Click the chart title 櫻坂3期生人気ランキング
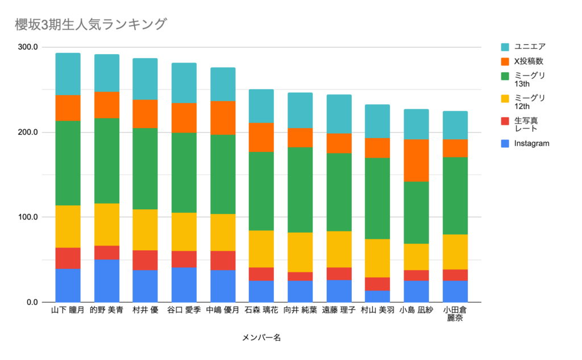pos(91,24)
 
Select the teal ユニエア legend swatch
pos(505,47)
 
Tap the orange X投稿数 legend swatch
pos(505,61)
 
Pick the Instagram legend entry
pos(531,143)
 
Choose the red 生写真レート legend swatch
pos(505,121)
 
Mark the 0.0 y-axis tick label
pos(31,302)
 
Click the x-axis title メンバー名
pos(261,338)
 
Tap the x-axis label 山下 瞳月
pos(68,311)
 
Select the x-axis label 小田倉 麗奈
pos(455,315)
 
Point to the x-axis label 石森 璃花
pos(261,311)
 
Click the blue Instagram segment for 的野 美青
pos(106,280)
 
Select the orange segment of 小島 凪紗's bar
pos(416,160)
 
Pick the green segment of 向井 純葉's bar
pos(300,190)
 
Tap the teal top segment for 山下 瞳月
pos(68,74)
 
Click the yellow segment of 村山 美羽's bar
pos(377,258)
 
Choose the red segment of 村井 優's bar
pos(145,260)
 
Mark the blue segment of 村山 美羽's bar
pos(377,296)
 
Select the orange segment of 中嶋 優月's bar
pos(223,118)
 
